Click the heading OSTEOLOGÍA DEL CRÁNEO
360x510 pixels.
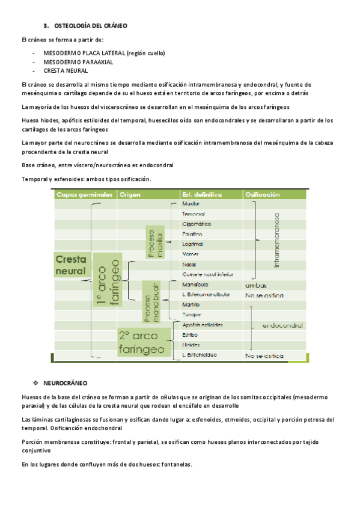tap(90, 26)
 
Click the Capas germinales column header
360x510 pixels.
tap(85, 195)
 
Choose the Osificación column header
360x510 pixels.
tap(263, 195)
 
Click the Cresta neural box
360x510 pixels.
tap(71, 265)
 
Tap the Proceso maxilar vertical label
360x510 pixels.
tap(155, 243)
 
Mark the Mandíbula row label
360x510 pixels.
tap(195, 284)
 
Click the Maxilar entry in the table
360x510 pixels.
tap(191, 204)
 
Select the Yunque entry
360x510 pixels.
tap(192, 315)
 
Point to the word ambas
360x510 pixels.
tap(256, 285)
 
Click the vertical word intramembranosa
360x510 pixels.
tap(277, 239)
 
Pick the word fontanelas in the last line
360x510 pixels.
tap(174, 464)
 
